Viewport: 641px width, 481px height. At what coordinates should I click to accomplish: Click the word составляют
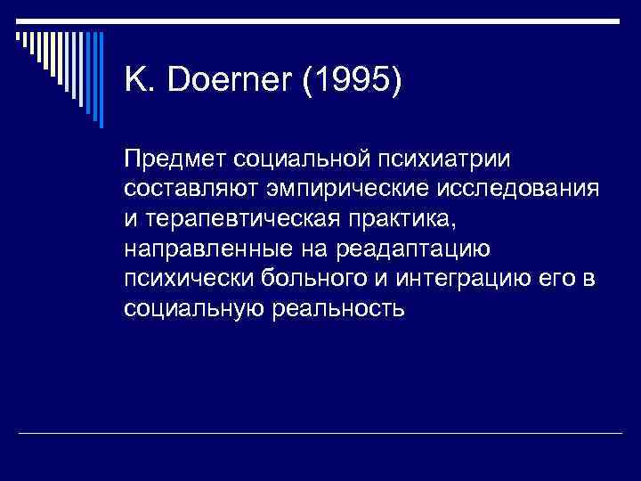click(179, 189)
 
